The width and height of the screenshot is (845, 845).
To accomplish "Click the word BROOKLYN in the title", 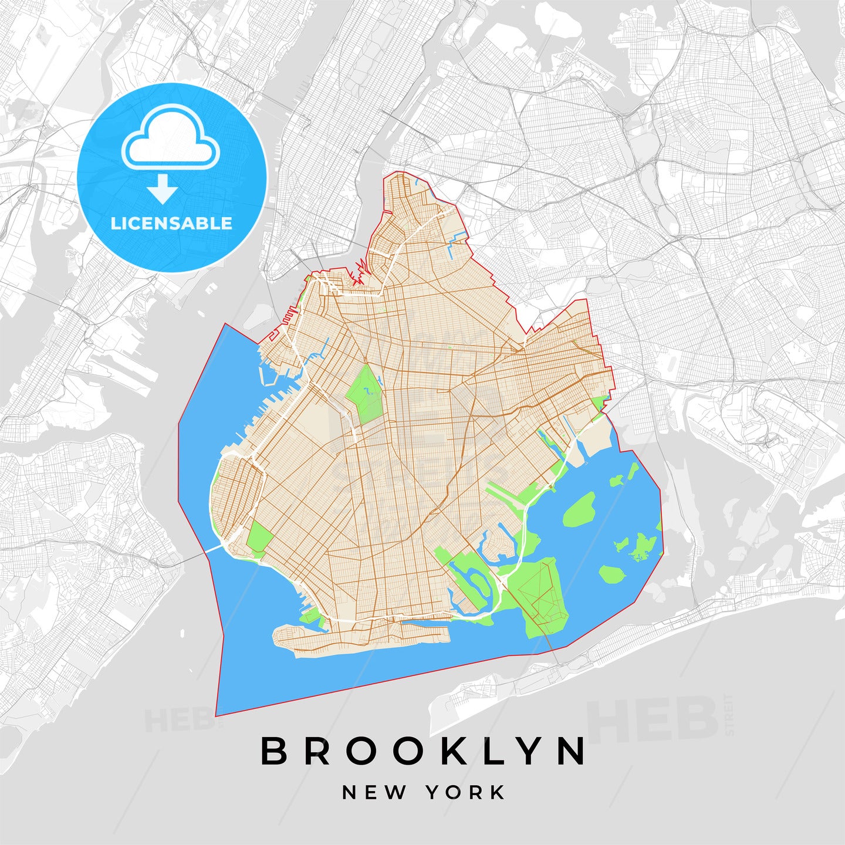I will (x=423, y=751).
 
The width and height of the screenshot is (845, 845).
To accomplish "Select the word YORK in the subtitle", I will (x=465, y=793).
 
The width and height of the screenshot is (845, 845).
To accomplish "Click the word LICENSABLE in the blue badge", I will (x=171, y=223).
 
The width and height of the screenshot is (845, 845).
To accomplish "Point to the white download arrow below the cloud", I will (x=163, y=188).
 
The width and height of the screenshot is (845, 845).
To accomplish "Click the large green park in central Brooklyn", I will (x=364, y=394).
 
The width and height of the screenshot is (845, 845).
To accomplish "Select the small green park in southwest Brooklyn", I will (x=259, y=536).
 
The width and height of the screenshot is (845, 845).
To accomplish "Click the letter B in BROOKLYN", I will (x=273, y=751).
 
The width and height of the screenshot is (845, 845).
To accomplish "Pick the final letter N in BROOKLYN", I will (x=572, y=751).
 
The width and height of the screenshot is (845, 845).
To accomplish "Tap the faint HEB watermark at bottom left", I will (x=175, y=720).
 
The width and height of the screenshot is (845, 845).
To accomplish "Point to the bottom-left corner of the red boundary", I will (x=217, y=715).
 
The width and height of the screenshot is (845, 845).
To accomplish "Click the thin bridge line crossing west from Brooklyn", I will (x=197, y=555).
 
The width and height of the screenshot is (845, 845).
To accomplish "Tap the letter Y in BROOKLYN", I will (x=533, y=751).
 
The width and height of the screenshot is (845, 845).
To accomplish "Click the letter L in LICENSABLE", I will (x=115, y=223).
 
